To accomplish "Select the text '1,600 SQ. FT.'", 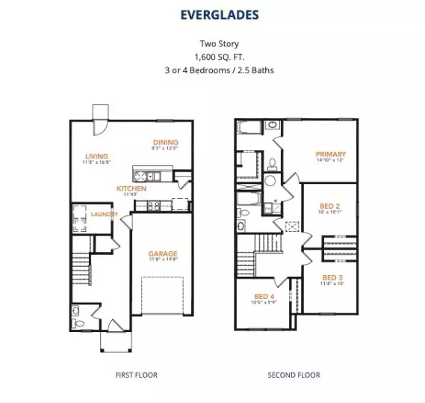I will click(x=212, y=57).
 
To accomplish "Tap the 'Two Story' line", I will click(x=212, y=44).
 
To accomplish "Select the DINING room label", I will click(x=165, y=142).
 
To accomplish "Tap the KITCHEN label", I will click(x=131, y=188).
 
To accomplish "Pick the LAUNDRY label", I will click(x=105, y=214).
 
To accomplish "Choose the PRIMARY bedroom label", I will click(x=330, y=154).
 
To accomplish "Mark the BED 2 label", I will click(x=330, y=205).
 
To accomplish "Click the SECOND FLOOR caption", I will click(x=294, y=375).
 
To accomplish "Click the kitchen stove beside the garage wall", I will click(x=180, y=202).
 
